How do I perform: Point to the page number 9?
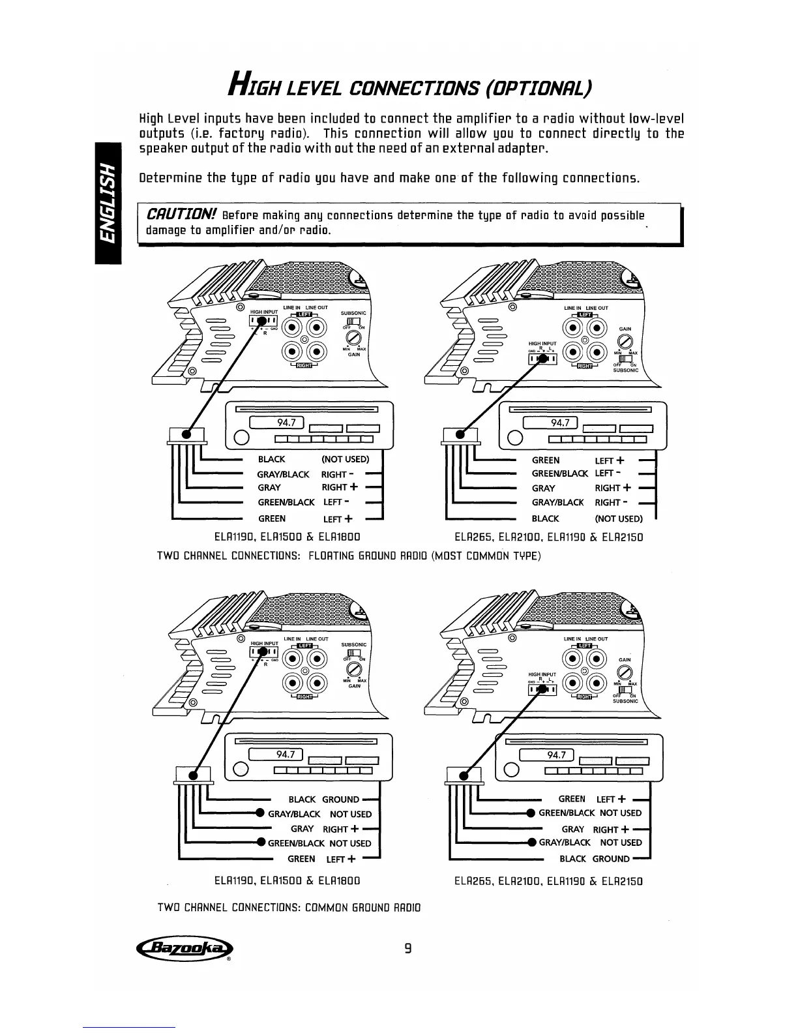click(x=407, y=948)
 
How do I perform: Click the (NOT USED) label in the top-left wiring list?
click(x=346, y=459)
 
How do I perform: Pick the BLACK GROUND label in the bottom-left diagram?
click(x=324, y=800)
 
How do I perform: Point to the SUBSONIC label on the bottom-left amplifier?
click(x=354, y=644)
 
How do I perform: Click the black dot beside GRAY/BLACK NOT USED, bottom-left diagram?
click(x=259, y=813)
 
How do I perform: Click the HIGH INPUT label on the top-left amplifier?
click(x=264, y=312)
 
